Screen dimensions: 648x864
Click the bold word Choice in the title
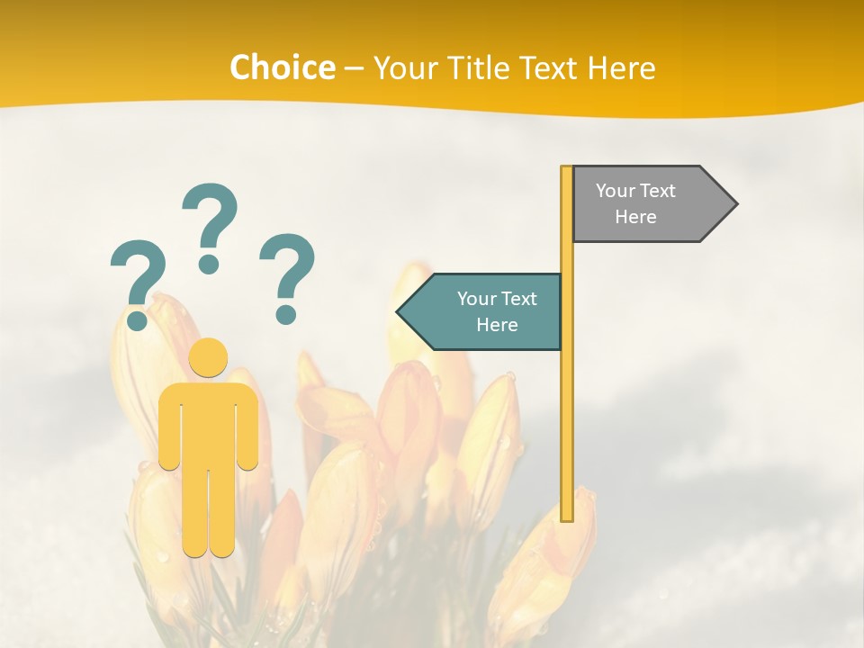282,67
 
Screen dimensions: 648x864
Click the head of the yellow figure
209,358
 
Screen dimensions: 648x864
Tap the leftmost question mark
138,274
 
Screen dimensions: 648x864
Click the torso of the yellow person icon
209,423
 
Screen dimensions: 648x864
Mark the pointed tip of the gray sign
735,204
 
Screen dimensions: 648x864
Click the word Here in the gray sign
635,217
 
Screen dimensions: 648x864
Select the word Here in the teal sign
497,325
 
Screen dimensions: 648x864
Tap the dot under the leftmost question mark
138,319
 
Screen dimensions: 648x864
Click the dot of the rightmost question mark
285,314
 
